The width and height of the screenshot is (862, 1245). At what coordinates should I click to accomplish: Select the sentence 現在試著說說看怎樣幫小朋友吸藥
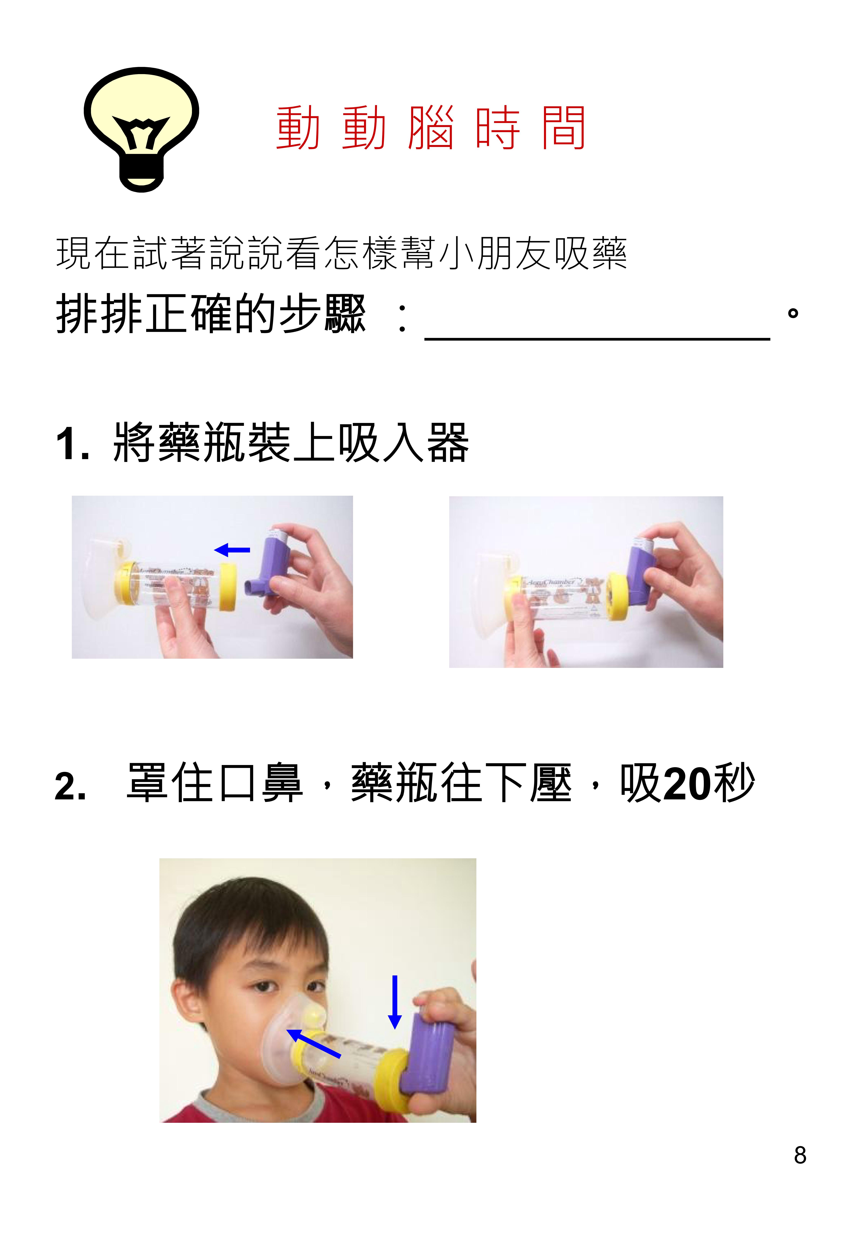pyautogui.click(x=341, y=253)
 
